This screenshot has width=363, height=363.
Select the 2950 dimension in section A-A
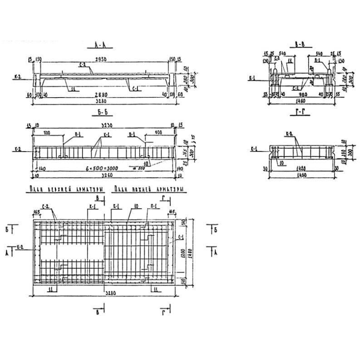tap(103, 59)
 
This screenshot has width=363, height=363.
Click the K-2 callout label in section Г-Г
tap(289, 133)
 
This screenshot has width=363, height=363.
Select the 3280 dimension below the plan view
tap(103, 294)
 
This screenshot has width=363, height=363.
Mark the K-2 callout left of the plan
tap(20, 246)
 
